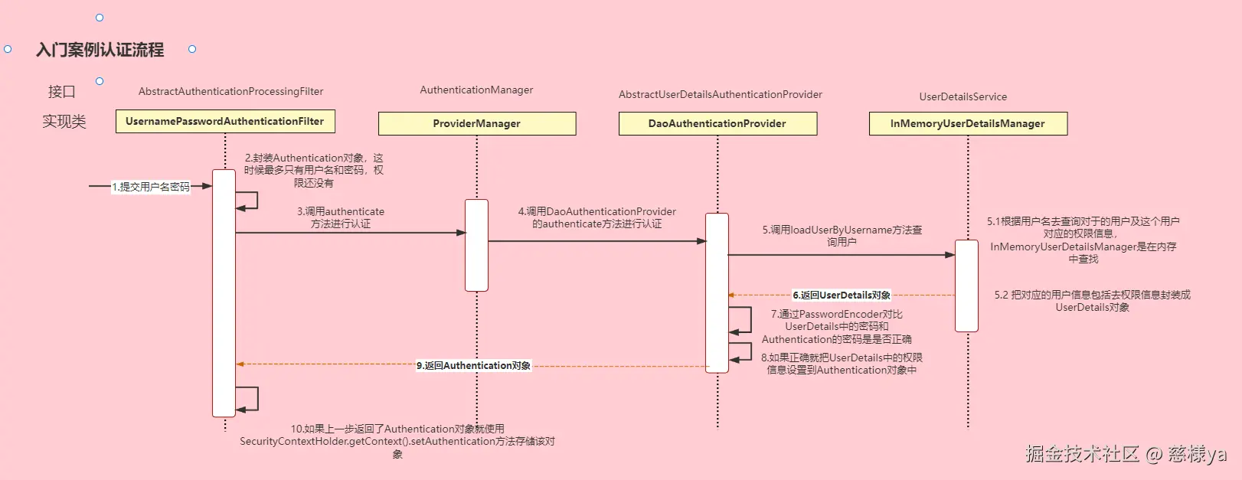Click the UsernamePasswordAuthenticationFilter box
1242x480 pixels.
[x=225, y=122]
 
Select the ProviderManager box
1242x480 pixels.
[x=476, y=124]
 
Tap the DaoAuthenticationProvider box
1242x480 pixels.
[x=717, y=124]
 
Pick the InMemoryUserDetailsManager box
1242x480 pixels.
[x=967, y=124]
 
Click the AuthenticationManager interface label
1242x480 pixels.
[x=476, y=90]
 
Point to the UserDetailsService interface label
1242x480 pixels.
[x=963, y=97]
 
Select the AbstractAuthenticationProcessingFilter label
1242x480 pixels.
[x=230, y=92]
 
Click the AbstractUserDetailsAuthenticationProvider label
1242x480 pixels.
[x=720, y=95]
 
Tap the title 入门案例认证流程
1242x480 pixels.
[x=100, y=51]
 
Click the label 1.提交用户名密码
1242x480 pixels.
[x=151, y=187]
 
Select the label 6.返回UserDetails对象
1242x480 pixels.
[x=842, y=296]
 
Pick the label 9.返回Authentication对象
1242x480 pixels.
[x=473, y=366]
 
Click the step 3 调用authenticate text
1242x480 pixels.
[x=341, y=217]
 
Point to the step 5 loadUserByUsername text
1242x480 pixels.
[x=842, y=236]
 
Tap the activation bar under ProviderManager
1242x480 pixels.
[x=476, y=245]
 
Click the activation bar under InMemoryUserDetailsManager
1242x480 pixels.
[x=966, y=286]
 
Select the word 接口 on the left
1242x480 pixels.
[x=62, y=92]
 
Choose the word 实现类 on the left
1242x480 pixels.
[x=64, y=122]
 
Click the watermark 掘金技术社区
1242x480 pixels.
[x=1082, y=454]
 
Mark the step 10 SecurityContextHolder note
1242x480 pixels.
[x=397, y=442]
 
